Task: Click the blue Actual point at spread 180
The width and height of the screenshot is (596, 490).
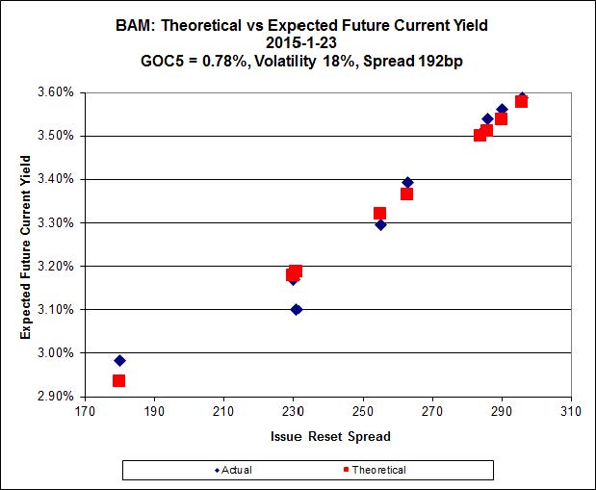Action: tap(119, 360)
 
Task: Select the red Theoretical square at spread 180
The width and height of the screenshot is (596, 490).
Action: tap(118, 380)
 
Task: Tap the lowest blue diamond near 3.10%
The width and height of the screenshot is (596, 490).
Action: tap(296, 309)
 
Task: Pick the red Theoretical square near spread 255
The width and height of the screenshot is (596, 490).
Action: tap(379, 213)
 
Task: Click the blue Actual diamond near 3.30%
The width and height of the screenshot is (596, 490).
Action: tap(380, 224)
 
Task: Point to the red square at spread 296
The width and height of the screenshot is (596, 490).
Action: tap(521, 101)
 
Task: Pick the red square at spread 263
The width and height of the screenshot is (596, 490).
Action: tap(406, 193)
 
